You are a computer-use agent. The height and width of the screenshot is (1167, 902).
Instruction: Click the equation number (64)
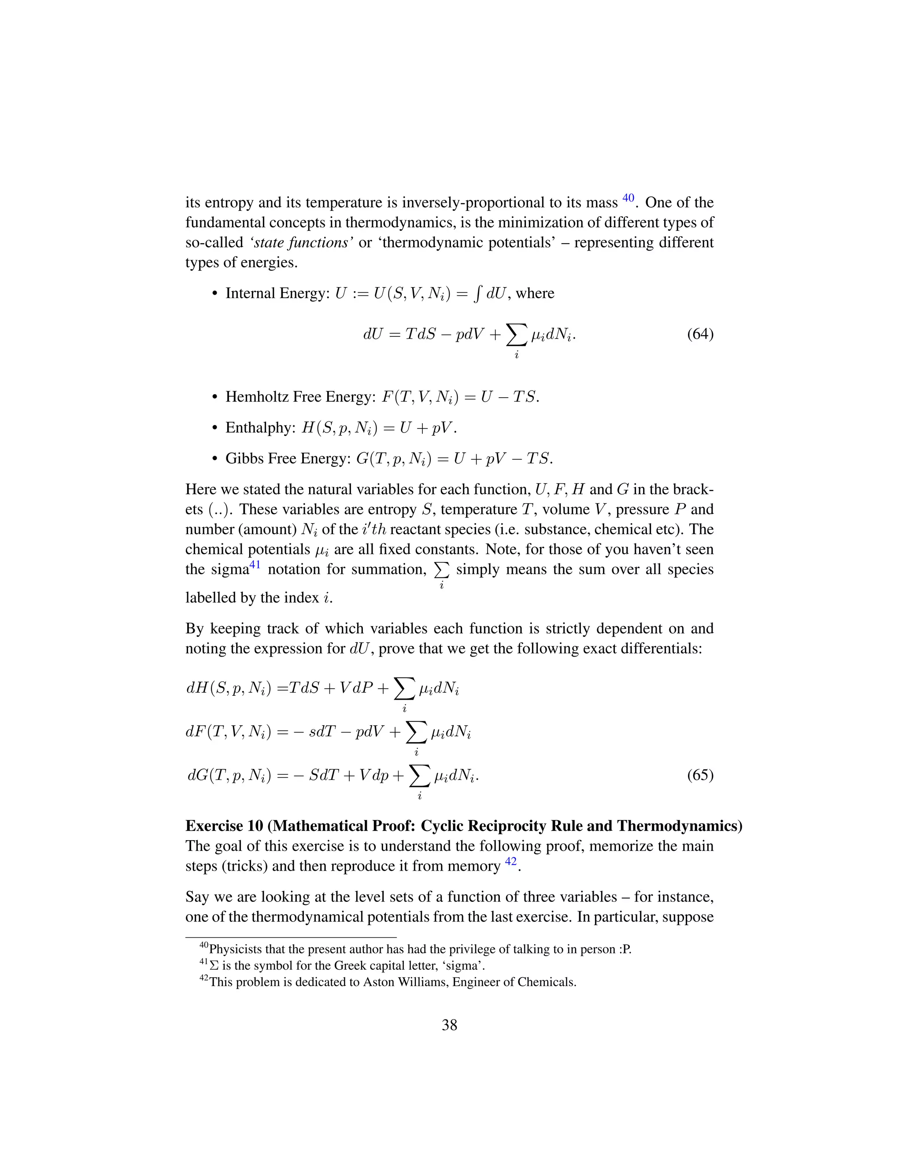(700, 335)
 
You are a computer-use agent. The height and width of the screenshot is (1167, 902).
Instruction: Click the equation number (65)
(700, 776)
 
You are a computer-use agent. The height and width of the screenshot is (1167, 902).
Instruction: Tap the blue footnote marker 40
(628, 198)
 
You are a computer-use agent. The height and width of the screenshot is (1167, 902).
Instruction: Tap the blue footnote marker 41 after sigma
(255, 565)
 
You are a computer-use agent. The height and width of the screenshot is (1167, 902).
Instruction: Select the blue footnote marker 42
(511, 861)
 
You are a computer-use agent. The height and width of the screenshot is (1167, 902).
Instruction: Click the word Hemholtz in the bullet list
(256, 397)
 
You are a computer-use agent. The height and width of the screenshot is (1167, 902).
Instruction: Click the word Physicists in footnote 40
(234, 949)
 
